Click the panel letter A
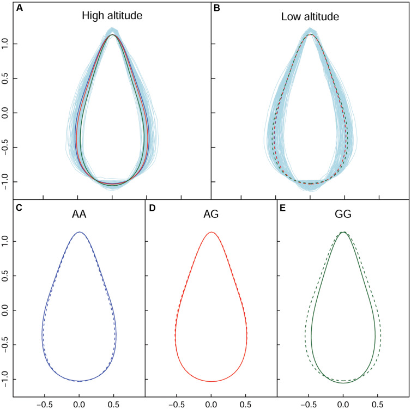(5, 8)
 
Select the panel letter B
(216, 8)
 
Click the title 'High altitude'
(112, 17)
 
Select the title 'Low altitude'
(310, 17)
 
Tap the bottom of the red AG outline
(211, 381)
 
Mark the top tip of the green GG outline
(343, 233)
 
